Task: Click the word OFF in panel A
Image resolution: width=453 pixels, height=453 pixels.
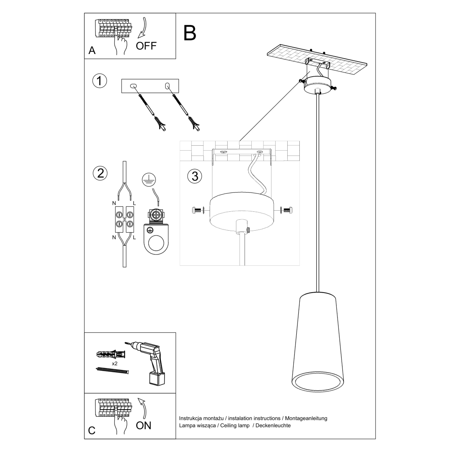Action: tap(146, 46)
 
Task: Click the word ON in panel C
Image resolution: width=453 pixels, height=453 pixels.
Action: tap(143, 425)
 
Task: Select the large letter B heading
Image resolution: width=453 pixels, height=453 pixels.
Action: tap(190, 33)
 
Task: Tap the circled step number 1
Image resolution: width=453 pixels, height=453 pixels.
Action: tap(100, 81)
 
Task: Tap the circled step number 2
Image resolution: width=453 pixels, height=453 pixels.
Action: tap(100, 173)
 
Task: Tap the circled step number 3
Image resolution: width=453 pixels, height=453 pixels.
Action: tap(195, 176)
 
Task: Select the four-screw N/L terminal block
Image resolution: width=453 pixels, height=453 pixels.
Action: tap(124, 220)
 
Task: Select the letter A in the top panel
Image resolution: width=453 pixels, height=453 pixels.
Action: tap(92, 51)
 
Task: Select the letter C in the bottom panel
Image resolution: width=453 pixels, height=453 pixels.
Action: tap(92, 431)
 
